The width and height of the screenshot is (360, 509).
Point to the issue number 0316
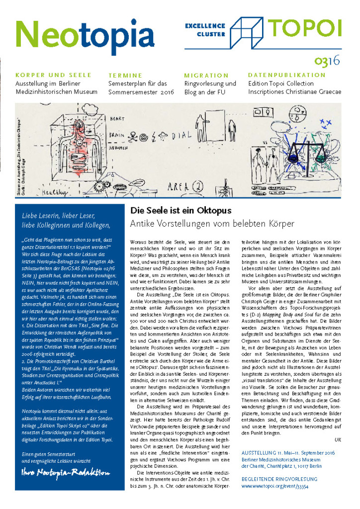pos(327,62)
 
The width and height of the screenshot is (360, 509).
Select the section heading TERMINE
pos(125,76)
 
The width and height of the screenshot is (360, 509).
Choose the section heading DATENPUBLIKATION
pos(286,76)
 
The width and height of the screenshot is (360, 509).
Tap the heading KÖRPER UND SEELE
pos(54,75)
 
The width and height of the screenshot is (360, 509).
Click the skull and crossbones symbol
pos(134,134)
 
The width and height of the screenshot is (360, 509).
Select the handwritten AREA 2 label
pos(185,187)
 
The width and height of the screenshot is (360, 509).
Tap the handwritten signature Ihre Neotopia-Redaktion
pos(66,473)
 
